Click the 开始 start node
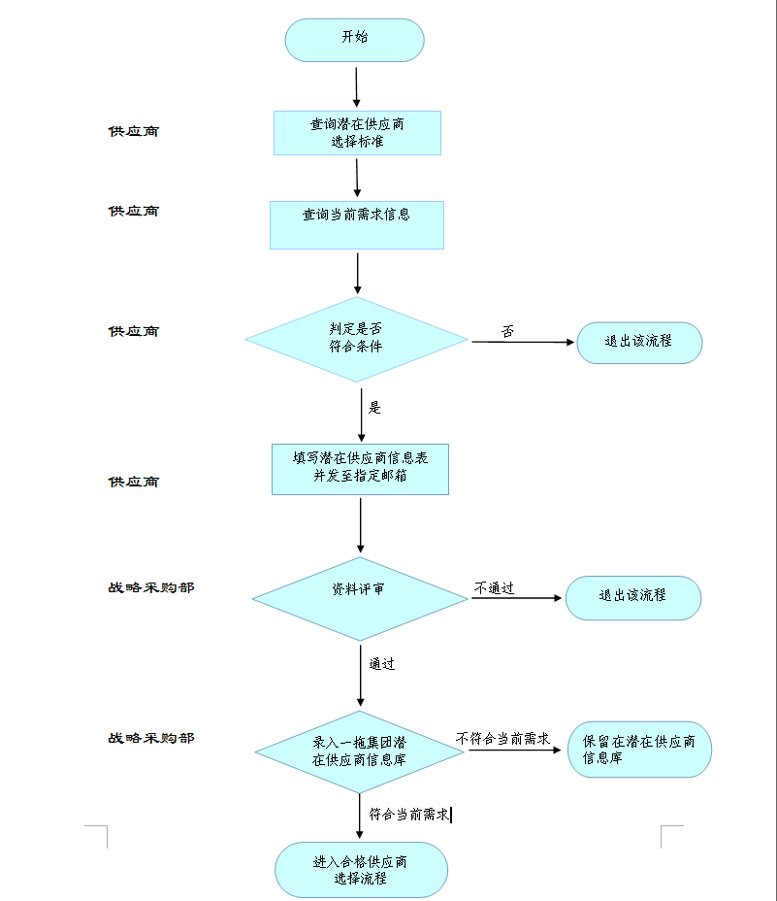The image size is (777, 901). [x=354, y=40]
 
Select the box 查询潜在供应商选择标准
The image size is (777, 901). [x=357, y=133]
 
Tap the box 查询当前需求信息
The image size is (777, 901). [x=356, y=224]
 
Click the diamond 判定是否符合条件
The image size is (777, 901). [x=356, y=340]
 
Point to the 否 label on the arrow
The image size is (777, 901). [x=508, y=332]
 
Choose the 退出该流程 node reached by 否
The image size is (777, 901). [x=638, y=343]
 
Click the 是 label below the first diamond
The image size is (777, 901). [x=375, y=407]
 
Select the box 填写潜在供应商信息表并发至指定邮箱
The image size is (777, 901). [x=360, y=469]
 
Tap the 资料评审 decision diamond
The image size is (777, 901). [x=360, y=598]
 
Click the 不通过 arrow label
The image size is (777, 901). [x=494, y=588]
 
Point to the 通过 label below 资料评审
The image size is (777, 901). [x=381, y=665]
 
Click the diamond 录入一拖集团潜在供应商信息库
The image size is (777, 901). [x=359, y=751]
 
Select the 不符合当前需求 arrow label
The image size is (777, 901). [x=502, y=739]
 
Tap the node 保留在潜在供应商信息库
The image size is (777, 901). [x=639, y=750]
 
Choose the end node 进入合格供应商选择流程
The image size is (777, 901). [x=361, y=870]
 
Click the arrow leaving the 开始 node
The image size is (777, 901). [x=357, y=85]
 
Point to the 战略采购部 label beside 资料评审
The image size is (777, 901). [x=150, y=587]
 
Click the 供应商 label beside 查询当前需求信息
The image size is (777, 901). [x=134, y=211]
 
